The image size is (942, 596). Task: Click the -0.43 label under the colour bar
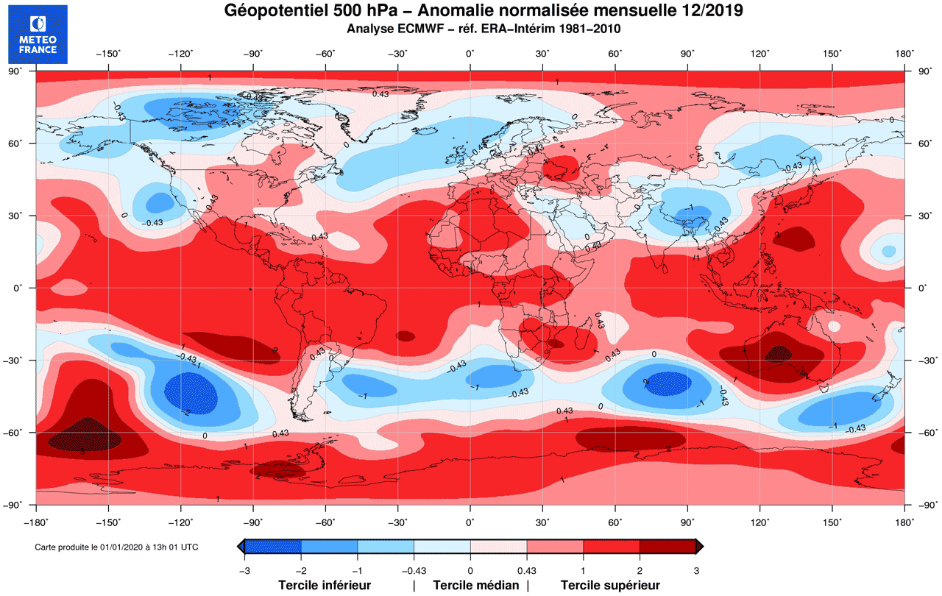click(x=414, y=570)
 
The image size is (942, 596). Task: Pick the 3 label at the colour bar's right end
click(x=696, y=570)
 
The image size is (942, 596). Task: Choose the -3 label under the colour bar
click(x=244, y=570)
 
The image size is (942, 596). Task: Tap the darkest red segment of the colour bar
click(x=667, y=546)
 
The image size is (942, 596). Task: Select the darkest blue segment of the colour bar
click(x=273, y=546)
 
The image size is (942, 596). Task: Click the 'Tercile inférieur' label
click(x=324, y=586)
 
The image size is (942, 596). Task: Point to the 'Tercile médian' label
click(x=475, y=586)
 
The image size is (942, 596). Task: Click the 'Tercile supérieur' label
click(x=610, y=586)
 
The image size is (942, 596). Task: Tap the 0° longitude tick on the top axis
click(x=470, y=53)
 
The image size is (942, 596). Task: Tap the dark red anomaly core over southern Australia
click(x=777, y=355)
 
